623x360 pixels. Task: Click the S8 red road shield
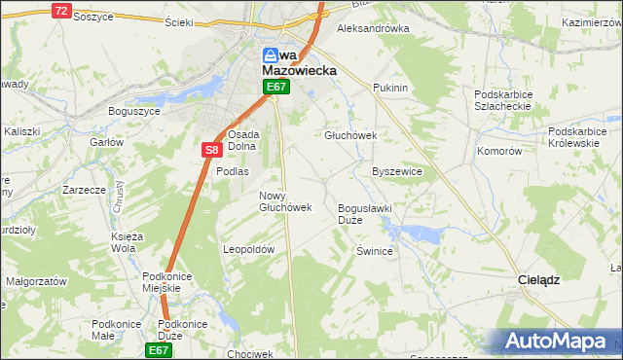(x=212, y=150)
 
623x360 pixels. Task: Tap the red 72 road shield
(x=60, y=11)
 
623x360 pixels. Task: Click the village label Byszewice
(x=397, y=171)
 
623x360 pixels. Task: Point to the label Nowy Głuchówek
(x=285, y=201)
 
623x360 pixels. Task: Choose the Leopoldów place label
(x=250, y=249)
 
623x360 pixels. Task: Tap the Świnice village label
(x=374, y=251)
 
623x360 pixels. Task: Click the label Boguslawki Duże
(x=364, y=214)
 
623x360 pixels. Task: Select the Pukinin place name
(x=389, y=88)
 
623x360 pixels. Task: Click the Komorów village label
(x=500, y=152)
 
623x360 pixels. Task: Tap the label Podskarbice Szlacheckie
(x=501, y=100)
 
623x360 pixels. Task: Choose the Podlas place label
(x=233, y=171)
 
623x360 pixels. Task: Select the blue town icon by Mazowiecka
(x=272, y=57)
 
